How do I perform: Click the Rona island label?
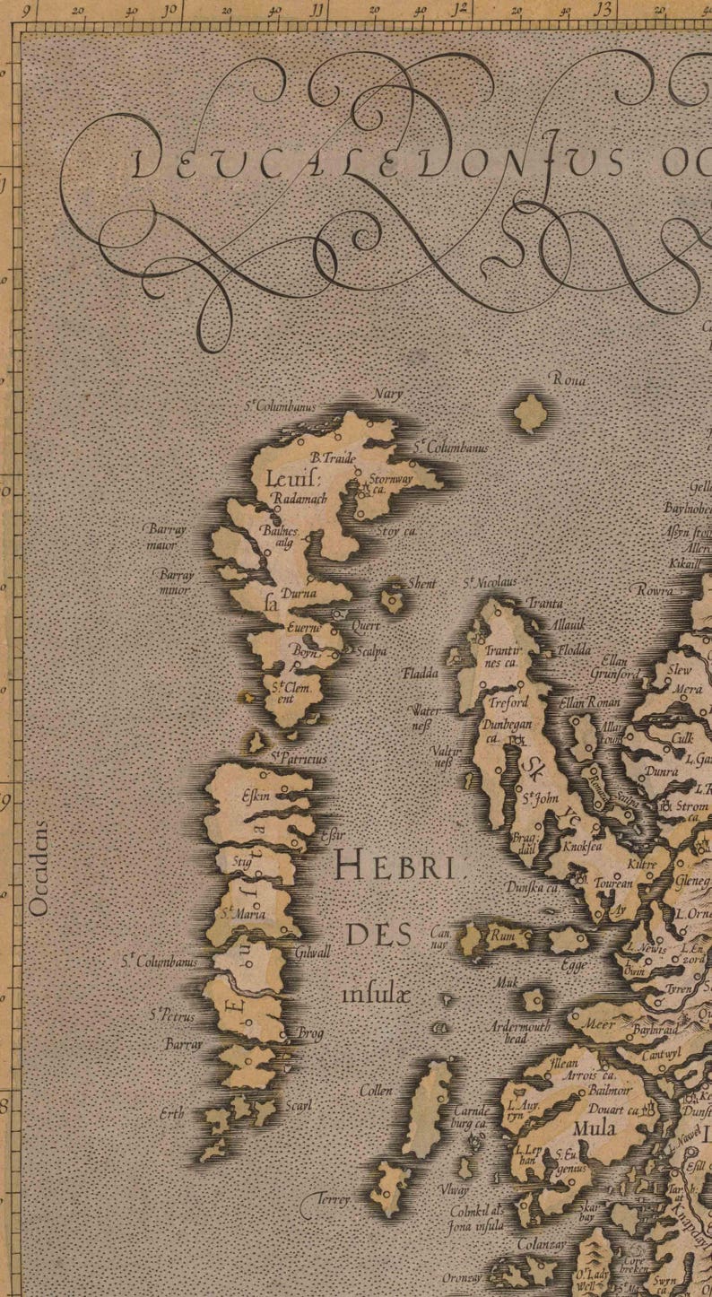[569, 381]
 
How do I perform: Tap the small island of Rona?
[531, 413]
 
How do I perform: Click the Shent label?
[421, 584]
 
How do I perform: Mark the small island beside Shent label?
[393, 599]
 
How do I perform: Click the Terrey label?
[332, 1198]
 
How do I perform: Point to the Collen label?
[376, 1091]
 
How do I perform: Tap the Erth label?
[171, 1114]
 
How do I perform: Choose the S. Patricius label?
[300, 759]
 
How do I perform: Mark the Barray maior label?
[164, 536]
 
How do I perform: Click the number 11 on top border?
[315, 10]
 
